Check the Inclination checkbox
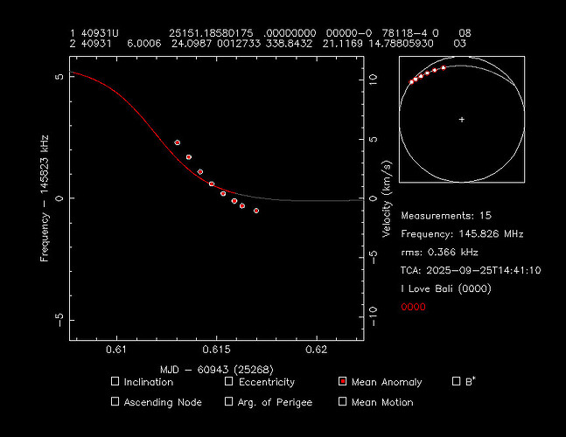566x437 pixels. point(115,382)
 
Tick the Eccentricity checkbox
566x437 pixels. point(229,382)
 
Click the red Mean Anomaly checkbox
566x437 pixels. point(343,382)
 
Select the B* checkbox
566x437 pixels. point(457,381)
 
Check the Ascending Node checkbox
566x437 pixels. point(115,402)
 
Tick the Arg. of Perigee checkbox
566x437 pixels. point(229,402)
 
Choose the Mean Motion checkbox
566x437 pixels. point(343,402)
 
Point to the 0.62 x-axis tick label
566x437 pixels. point(316,351)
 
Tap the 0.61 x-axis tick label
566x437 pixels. point(116,351)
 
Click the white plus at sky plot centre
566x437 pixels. point(462,119)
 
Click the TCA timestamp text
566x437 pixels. point(471,270)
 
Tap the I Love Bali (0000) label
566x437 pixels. point(446,288)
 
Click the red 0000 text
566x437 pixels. point(414,307)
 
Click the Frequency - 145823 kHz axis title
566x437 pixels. point(44,198)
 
